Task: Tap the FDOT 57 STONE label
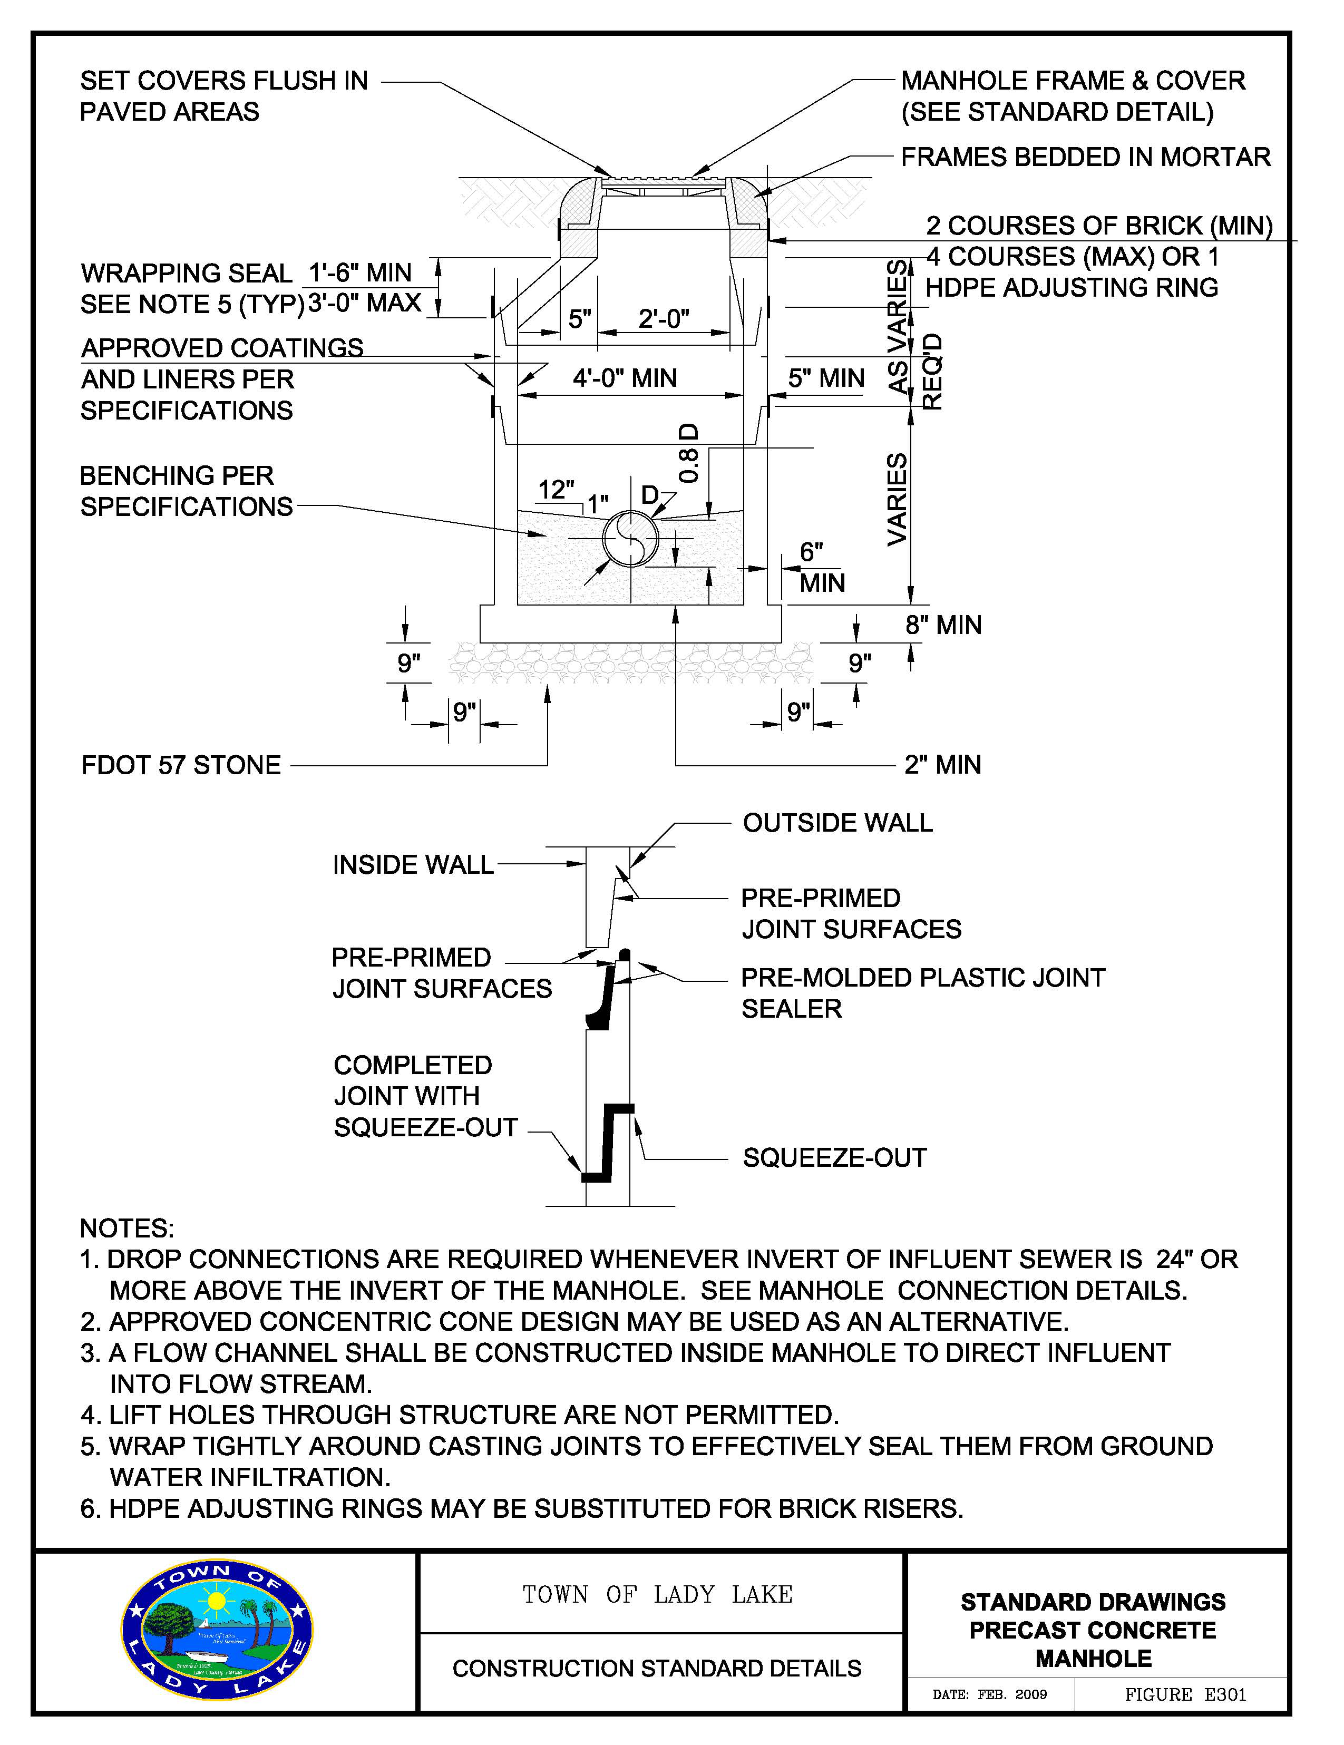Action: click(181, 765)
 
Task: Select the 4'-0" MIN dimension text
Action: click(625, 378)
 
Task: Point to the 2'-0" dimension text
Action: click(663, 319)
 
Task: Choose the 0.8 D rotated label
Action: click(689, 453)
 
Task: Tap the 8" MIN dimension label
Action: click(943, 625)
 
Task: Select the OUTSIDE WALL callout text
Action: click(838, 823)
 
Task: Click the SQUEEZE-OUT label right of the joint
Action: click(835, 1158)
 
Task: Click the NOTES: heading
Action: click(127, 1228)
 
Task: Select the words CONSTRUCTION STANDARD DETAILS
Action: click(657, 1668)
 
